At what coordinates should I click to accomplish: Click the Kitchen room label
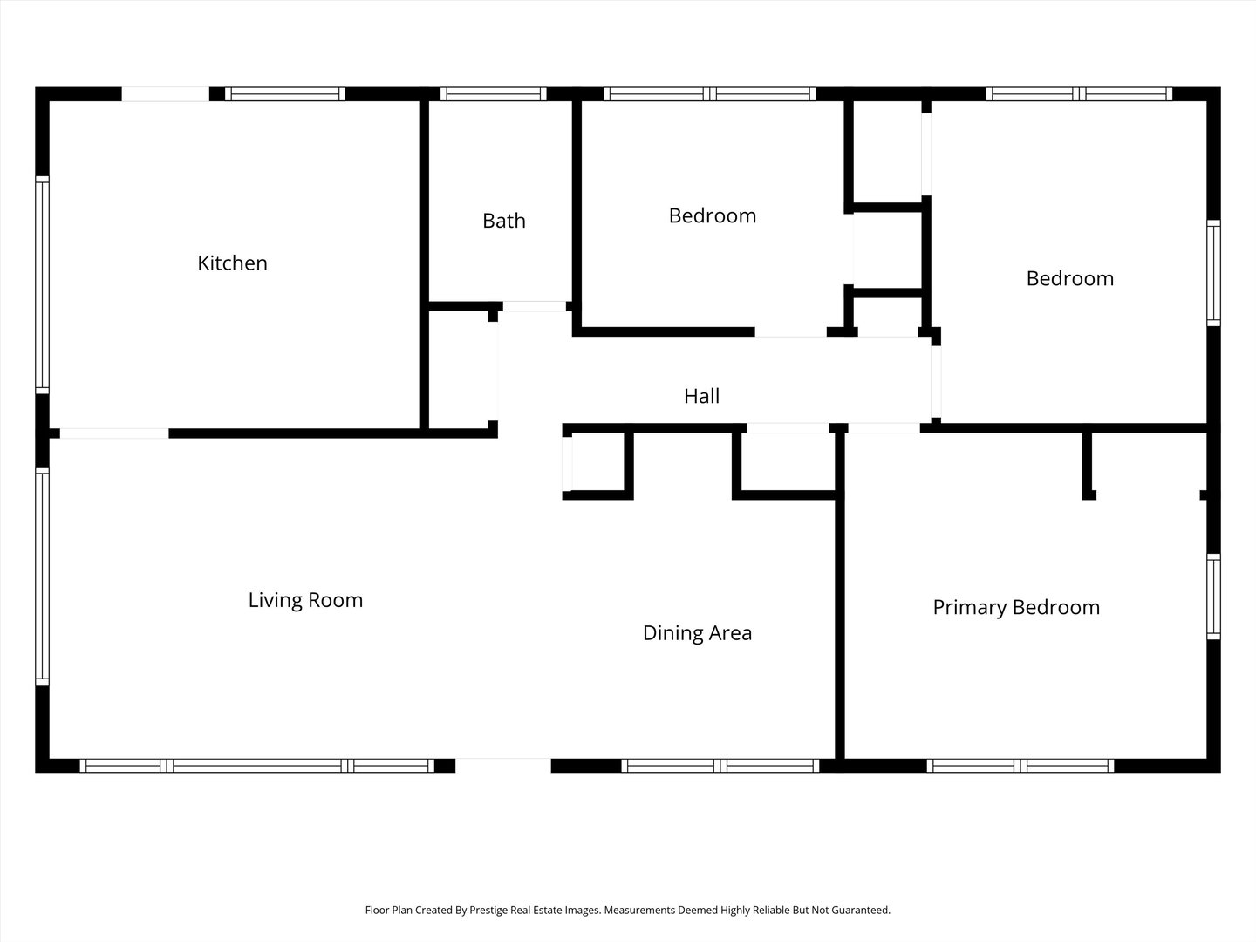[232, 263]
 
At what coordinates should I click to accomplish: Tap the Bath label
[503, 220]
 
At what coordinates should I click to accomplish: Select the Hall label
[701, 396]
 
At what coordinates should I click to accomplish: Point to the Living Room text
[305, 600]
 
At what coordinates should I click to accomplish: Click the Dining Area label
[697, 633]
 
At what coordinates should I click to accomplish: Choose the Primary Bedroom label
[1016, 607]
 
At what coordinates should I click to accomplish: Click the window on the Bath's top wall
[493, 94]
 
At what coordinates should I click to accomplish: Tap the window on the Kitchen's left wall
[42, 283]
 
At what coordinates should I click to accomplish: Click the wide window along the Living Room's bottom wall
[256, 766]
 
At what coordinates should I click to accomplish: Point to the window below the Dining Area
[720, 766]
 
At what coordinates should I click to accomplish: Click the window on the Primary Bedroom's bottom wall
[1020, 766]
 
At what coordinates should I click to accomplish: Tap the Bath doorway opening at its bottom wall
[534, 306]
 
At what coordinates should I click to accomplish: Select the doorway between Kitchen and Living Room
[114, 433]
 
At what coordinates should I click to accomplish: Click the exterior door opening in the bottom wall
[503, 765]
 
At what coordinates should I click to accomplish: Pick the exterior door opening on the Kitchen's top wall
[165, 94]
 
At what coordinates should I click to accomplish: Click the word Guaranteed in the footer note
[858, 910]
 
